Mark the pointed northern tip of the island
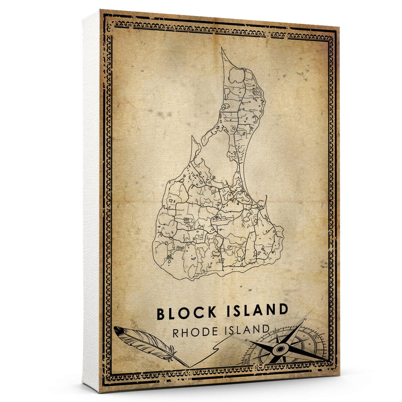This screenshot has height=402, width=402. [x=222, y=49]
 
